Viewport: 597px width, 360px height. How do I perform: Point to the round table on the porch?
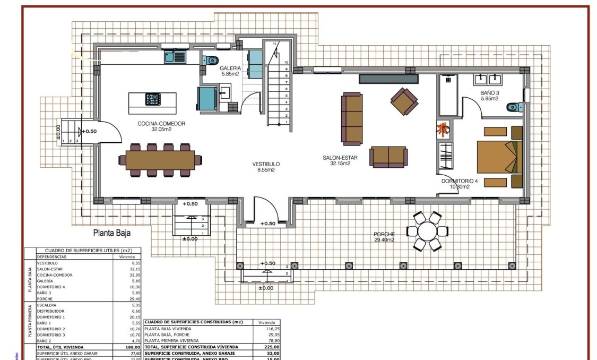tap(427, 231)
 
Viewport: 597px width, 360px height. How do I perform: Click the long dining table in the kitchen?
tap(161, 160)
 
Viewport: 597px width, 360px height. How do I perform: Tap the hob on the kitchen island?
tap(153, 99)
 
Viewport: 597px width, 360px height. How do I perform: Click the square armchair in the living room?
tap(404, 101)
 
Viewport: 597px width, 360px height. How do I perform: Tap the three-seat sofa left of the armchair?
tap(352, 118)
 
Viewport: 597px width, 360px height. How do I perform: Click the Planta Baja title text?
tap(112, 233)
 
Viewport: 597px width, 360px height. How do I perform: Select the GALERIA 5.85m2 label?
tap(230, 71)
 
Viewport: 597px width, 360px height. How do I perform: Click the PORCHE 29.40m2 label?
tap(384, 237)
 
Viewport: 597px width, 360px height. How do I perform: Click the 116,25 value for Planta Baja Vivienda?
tap(269, 329)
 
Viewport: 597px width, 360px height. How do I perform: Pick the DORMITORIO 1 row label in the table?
tap(51, 317)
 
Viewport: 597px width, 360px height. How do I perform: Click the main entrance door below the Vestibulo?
tap(263, 210)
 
